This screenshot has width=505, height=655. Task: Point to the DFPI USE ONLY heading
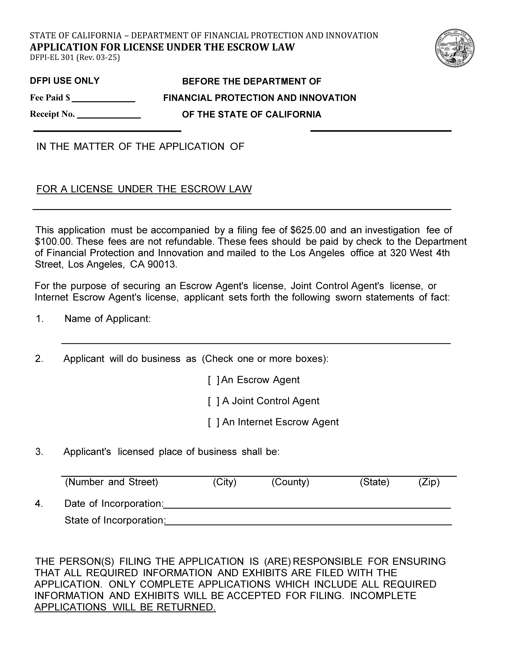click(65, 81)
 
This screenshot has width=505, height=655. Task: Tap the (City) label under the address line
click(224, 482)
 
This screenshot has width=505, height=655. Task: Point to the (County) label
click(290, 482)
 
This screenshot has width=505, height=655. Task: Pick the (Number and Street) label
click(111, 482)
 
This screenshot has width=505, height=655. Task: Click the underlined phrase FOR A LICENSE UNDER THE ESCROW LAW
click(144, 189)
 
